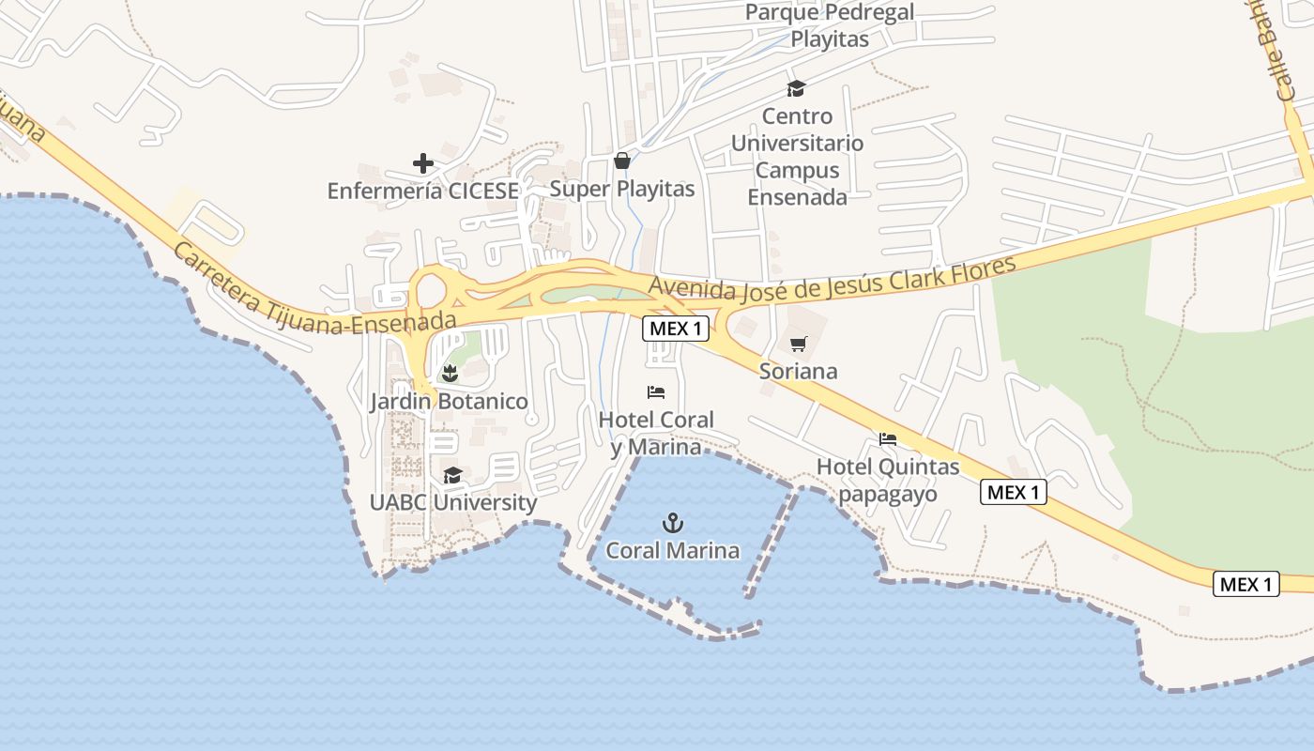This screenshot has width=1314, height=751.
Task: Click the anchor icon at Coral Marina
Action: (x=672, y=523)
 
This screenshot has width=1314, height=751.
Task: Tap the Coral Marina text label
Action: (x=672, y=551)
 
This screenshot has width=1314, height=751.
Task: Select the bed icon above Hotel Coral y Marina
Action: (x=656, y=391)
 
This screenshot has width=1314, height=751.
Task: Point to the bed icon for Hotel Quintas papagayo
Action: (x=887, y=438)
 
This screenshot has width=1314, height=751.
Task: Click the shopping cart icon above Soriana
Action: (x=798, y=344)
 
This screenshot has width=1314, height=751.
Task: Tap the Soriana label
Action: (x=798, y=371)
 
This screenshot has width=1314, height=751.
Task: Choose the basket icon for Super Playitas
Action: (x=621, y=161)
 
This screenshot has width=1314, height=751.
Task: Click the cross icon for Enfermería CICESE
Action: (x=423, y=163)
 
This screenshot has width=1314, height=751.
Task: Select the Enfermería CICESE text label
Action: (x=422, y=191)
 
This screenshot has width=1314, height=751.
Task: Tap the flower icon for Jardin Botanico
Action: (x=450, y=373)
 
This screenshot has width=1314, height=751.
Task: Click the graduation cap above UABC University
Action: (x=452, y=475)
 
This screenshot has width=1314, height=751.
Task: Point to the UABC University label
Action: (x=452, y=502)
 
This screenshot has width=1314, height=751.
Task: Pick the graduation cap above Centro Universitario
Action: (x=796, y=88)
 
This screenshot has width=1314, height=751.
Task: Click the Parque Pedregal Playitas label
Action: (x=830, y=26)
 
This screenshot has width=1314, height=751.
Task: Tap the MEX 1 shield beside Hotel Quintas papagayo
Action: (x=1014, y=492)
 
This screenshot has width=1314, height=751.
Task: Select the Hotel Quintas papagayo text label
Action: (x=888, y=480)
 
